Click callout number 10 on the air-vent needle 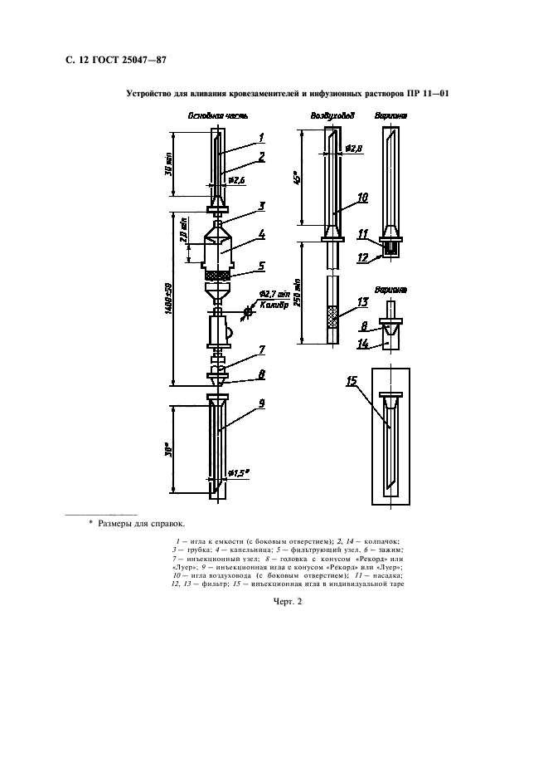(x=362, y=198)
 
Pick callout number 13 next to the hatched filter (x=362, y=301)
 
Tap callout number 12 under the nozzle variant (x=361, y=257)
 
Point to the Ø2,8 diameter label (x=354, y=149)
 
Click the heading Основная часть (x=215, y=117)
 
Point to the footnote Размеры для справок (x=142, y=525)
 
